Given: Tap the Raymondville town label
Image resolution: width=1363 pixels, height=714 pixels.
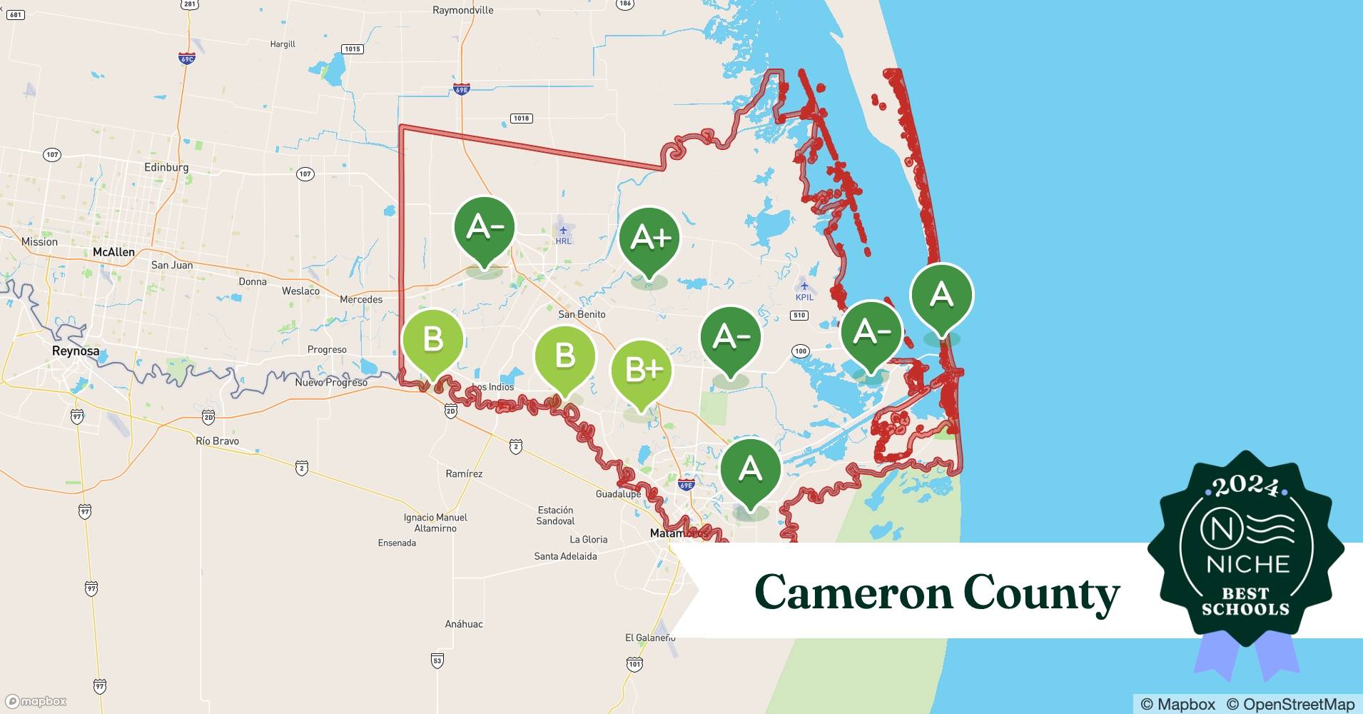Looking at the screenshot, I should [x=462, y=10].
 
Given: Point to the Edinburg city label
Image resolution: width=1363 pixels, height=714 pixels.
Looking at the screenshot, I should [x=166, y=167].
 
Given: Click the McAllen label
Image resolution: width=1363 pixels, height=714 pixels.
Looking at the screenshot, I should [x=113, y=252].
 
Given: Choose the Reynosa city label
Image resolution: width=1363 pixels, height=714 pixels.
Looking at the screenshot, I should [x=76, y=351].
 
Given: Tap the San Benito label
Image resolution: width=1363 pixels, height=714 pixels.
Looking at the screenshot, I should [x=582, y=314].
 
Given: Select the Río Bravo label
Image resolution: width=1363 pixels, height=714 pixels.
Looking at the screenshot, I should [x=217, y=441].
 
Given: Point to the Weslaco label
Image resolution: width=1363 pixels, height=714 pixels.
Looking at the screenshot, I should [x=300, y=291].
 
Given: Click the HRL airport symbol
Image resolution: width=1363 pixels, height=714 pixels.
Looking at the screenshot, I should [x=564, y=230].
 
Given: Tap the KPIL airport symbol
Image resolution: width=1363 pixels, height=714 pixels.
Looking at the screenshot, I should [x=804, y=286].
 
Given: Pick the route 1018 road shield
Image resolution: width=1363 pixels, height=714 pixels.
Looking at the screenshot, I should [x=521, y=118].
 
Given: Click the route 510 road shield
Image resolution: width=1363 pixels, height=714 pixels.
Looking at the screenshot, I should [x=799, y=315].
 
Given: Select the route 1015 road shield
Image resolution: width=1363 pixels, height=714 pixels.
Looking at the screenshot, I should [x=352, y=49].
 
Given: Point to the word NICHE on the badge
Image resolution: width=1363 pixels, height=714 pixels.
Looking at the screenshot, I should [x=1248, y=564].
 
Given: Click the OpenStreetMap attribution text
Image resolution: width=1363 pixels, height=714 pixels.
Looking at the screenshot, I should [x=1290, y=704].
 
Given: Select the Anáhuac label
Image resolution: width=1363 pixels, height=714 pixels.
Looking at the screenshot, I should [x=464, y=623].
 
